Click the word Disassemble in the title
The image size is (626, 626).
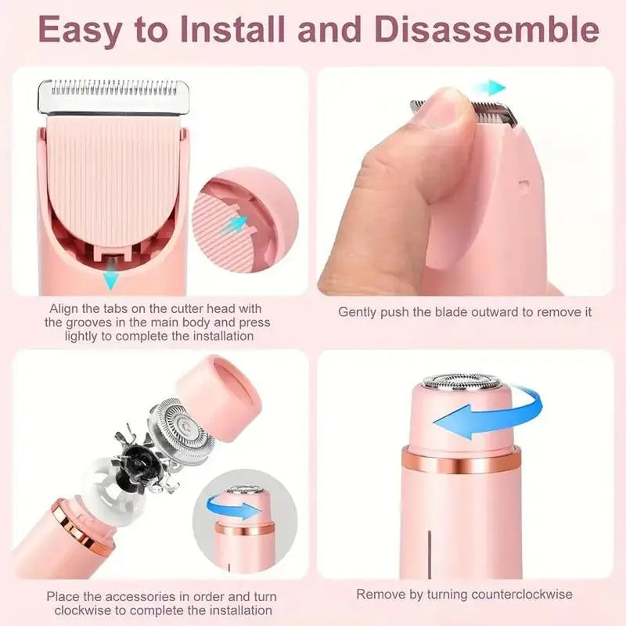(x=491, y=31)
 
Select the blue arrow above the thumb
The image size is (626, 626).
(x=492, y=87)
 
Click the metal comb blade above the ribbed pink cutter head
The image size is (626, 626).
(x=110, y=95)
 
